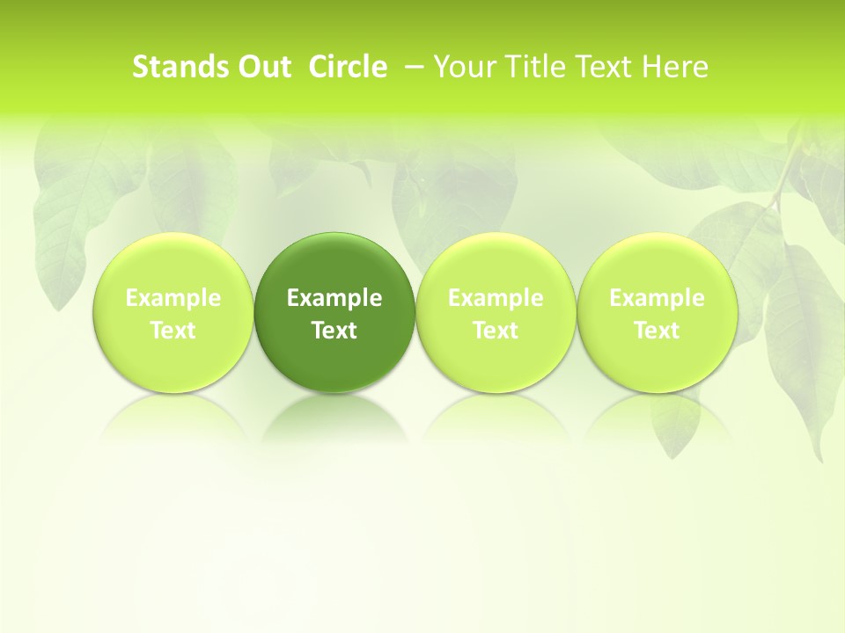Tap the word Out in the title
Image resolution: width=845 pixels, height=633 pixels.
(x=262, y=67)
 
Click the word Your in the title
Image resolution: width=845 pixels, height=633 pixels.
(x=464, y=67)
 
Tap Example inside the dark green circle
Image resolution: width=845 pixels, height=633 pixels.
(x=334, y=298)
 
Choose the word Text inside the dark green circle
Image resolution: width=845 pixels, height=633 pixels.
(x=334, y=331)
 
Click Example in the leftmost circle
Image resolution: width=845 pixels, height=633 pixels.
(x=173, y=298)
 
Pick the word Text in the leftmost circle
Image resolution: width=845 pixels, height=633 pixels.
(x=173, y=331)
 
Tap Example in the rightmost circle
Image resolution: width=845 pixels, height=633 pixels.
(x=657, y=298)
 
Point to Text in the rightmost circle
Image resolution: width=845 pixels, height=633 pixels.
(x=657, y=331)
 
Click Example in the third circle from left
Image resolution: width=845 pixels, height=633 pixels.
(x=496, y=298)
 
